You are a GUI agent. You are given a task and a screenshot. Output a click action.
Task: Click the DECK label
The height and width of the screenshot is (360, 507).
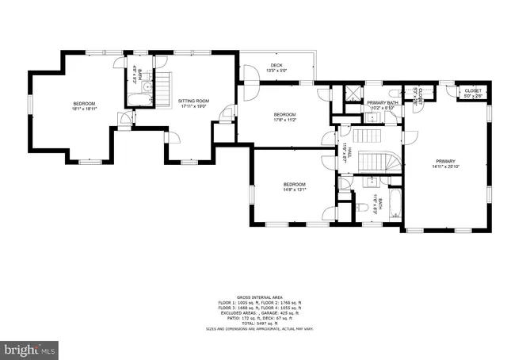click(276, 66)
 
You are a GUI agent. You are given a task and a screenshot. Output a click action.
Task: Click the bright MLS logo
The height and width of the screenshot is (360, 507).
click(30, 348)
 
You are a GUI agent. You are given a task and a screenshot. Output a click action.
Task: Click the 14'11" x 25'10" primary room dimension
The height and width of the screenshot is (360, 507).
click(447, 167)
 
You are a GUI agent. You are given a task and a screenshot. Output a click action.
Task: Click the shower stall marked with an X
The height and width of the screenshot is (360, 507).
click(349, 94)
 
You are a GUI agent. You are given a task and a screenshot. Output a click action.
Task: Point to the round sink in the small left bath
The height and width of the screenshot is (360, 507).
click(132, 95)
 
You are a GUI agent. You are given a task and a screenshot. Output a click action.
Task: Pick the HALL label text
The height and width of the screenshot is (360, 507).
click(349, 152)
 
